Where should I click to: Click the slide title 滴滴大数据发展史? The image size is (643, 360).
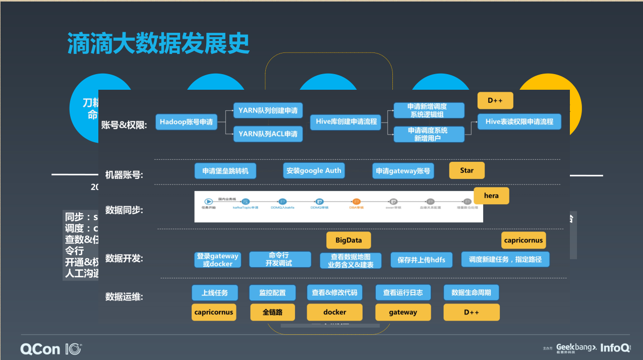point(158,44)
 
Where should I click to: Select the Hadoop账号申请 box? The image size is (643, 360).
point(186,122)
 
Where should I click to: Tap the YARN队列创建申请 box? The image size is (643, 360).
point(268,110)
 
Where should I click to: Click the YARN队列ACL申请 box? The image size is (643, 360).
point(268,134)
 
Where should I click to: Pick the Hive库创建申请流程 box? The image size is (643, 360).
point(346,122)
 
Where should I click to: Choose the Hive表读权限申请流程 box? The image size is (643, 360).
point(519,122)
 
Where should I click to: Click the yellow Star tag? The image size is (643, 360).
point(466,170)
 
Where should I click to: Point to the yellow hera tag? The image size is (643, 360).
point(491,196)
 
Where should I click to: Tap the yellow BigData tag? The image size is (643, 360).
point(348,241)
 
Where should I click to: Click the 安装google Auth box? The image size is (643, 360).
point(314,171)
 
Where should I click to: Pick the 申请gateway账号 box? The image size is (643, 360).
point(403,171)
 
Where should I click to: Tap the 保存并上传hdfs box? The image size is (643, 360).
point(422,260)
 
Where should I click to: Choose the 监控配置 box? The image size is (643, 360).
point(272,292)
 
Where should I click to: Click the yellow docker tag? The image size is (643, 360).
point(335,312)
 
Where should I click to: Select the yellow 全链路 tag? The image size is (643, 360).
point(272,312)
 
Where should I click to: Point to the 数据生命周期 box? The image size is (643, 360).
point(471,292)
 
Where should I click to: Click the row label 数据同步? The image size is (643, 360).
point(124,210)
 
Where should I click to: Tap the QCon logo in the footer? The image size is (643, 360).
point(50,348)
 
